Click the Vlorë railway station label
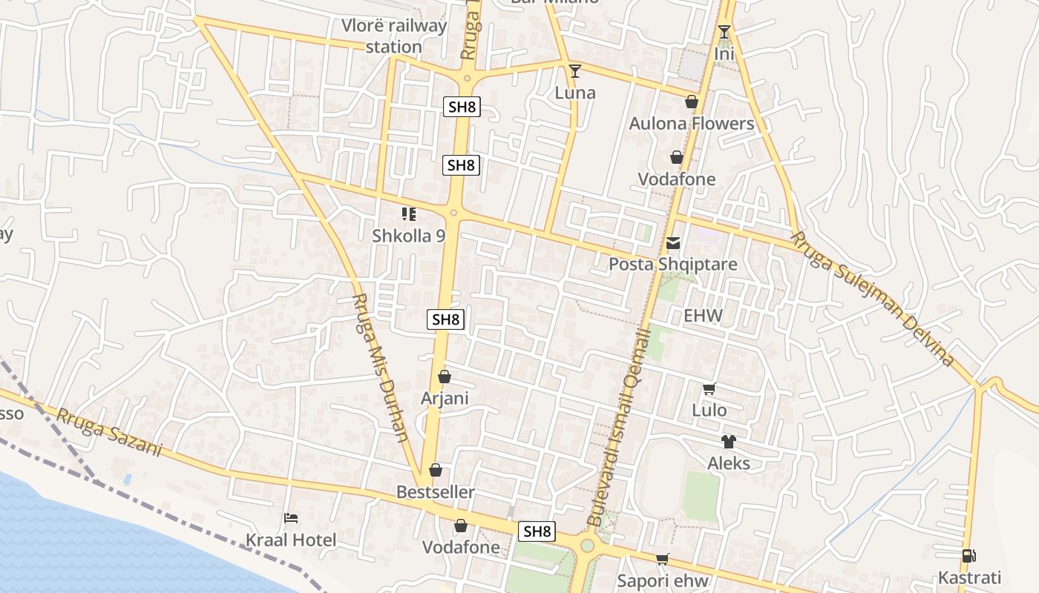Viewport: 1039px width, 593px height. click(393, 36)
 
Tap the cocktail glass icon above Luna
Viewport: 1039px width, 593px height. click(574, 71)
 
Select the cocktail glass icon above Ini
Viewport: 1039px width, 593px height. click(724, 32)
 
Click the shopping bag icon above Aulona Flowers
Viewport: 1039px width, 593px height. click(692, 102)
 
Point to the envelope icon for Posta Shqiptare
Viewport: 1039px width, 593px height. click(673, 242)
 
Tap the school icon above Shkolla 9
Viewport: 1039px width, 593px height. click(408, 214)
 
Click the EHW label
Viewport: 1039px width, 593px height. click(703, 316)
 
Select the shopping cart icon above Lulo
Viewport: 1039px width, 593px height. click(709, 388)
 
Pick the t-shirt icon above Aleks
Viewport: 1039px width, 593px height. click(729, 442)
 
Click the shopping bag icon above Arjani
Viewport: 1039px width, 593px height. click(445, 377)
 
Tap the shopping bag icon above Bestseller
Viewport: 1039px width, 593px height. click(436, 470)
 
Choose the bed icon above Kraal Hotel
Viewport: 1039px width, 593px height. click(291, 518)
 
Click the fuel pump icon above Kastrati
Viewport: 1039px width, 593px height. click(969, 556)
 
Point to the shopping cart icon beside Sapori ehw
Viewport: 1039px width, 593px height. click(662, 560)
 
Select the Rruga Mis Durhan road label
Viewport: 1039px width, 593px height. click(380, 368)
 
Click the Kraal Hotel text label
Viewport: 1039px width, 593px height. click(292, 540)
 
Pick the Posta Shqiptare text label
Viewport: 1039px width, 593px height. click(673, 264)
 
